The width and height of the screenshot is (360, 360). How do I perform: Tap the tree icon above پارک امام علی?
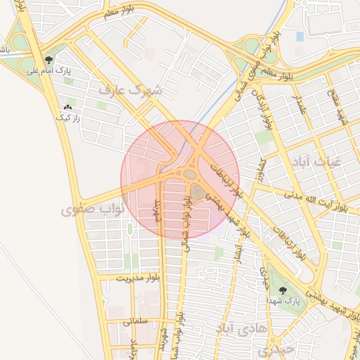pos(49,60)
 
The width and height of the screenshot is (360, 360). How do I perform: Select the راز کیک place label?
pos(68,118)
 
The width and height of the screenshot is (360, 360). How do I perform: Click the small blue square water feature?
pos(300,36)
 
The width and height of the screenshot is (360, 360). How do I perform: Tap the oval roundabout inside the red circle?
pos(189,174)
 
